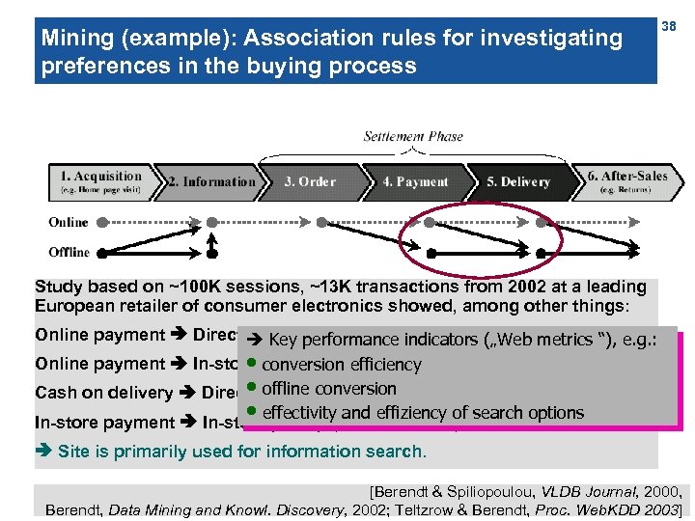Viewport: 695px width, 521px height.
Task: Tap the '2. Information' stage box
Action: pyautogui.click(x=210, y=181)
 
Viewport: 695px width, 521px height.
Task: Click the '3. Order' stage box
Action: pyautogui.click(x=311, y=181)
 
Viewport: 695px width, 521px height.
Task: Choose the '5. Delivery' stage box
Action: pyautogui.click(x=518, y=181)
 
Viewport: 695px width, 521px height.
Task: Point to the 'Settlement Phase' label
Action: pyautogui.click(x=413, y=137)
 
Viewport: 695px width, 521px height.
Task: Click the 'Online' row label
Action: pyautogui.click(x=69, y=223)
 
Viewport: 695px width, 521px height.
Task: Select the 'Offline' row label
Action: pyautogui.click(x=69, y=253)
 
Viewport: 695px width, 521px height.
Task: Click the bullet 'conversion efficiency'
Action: pyautogui.click(x=342, y=365)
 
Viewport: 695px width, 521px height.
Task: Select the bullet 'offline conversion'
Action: pyautogui.click(x=328, y=389)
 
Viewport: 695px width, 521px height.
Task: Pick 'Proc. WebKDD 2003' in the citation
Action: pyautogui.click(x=615, y=508)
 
